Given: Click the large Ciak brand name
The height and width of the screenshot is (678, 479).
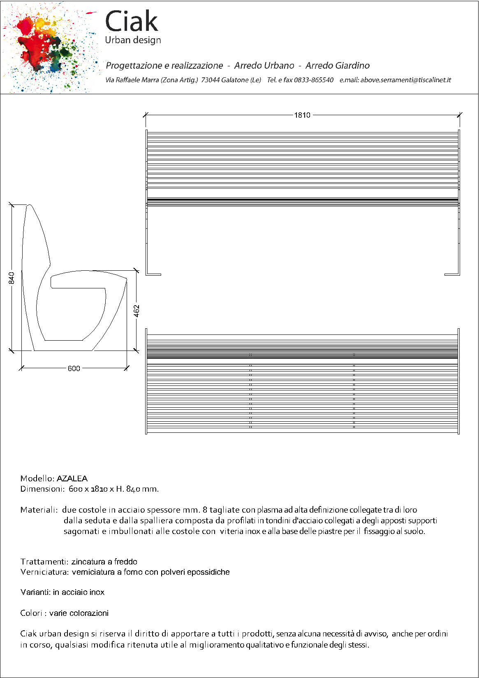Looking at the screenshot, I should coord(132,21).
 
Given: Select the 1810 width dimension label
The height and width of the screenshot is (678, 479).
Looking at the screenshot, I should coord(302,115).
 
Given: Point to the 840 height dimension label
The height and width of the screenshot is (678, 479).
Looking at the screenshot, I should coord(12,278).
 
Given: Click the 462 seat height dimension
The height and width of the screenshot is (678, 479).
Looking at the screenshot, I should coord(137,311).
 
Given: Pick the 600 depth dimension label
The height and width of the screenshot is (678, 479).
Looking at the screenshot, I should coord(74,369).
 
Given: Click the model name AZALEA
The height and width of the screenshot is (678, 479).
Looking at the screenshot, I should coord(72,478).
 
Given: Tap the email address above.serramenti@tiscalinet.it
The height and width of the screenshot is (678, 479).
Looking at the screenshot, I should coord(405,80).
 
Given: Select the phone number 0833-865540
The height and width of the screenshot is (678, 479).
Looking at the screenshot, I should coord(314,80).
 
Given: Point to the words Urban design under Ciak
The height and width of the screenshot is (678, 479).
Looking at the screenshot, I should coord(133,40).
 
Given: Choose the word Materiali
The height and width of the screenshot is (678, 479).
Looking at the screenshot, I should coord(39,510).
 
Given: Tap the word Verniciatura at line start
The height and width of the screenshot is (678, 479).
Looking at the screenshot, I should coord(44,572).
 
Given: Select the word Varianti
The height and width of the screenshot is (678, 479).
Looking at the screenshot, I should coord(35,592).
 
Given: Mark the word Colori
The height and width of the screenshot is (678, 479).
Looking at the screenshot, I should coord(32,613).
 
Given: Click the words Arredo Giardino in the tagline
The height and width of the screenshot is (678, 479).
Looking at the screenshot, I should coord(337,66).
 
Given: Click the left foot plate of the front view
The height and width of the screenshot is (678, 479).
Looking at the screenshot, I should coord(154,274).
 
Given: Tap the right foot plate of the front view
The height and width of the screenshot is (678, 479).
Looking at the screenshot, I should coord(452,274).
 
